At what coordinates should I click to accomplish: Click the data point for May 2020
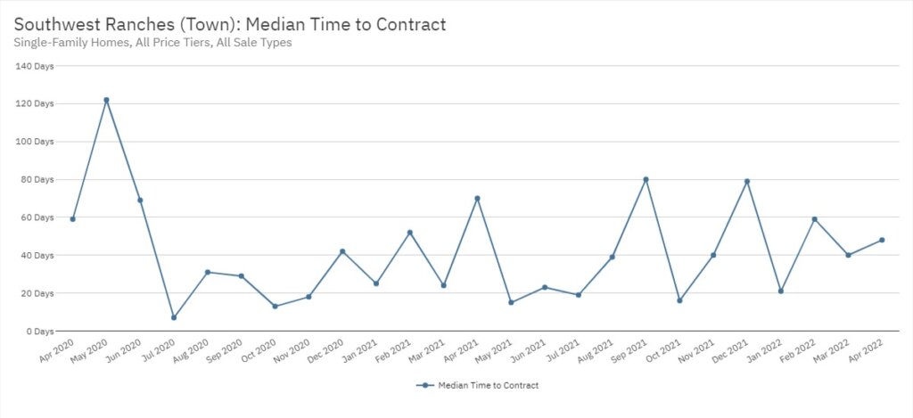pyautogui.click(x=106, y=100)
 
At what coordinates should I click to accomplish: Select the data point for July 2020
pyautogui.click(x=174, y=317)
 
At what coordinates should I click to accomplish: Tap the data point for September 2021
pyautogui.click(x=646, y=179)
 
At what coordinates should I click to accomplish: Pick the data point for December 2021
pyautogui.click(x=747, y=181)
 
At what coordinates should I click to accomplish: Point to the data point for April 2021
pyautogui.click(x=477, y=198)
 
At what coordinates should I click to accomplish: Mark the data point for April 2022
pyautogui.click(x=882, y=240)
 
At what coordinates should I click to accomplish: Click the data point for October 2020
pyautogui.click(x=275, y=306)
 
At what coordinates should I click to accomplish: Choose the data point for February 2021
pyautogui.click(x=409, y=233)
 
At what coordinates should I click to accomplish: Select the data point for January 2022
pyautogui.click(x=781, y=291)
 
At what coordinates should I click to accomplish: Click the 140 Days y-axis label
pyautogui.click(x=35, y=66)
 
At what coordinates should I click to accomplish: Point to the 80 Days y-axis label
pyautogui.click(x=37, y=179)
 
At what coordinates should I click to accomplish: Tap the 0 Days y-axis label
pyautogui.click(x=39, y=331)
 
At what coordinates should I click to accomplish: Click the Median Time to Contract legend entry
pyautogui.click(x=478, y=385)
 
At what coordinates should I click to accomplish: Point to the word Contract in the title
pyautogui.click(x=409, y=24)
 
